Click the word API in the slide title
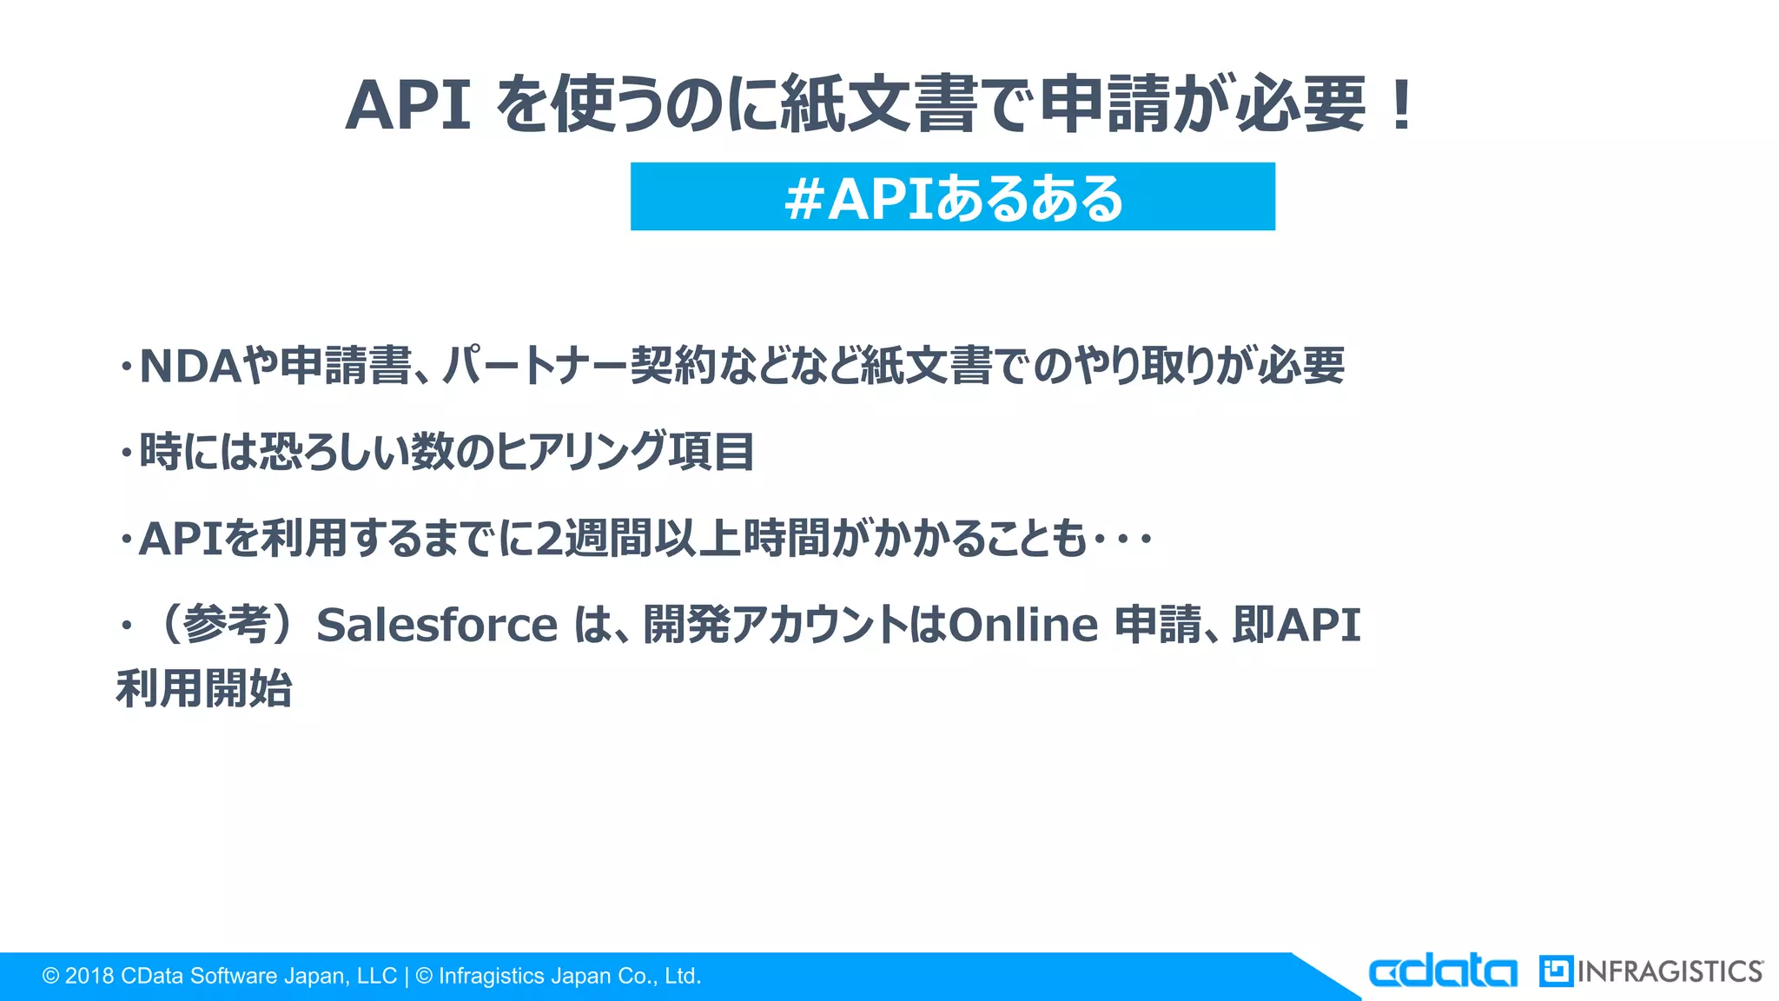click(408, 106)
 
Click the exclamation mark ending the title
click(1400, 106)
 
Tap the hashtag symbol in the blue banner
click(804, 199)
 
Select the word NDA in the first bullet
click(189, 366)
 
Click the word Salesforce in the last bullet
click(437, 626)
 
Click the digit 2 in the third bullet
click(549, 539)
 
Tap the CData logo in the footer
click(1443, 971)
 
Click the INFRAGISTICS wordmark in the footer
click(1670, 971)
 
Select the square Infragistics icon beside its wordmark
click(1556, 971)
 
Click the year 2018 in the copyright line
click(89, 977)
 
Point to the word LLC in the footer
click(376, 977)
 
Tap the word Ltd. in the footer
click(682, 977)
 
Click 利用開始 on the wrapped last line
click(204, 689)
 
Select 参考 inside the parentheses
click(227, 626)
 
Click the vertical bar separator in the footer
click(407, 977)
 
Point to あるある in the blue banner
click(1028, 199)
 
